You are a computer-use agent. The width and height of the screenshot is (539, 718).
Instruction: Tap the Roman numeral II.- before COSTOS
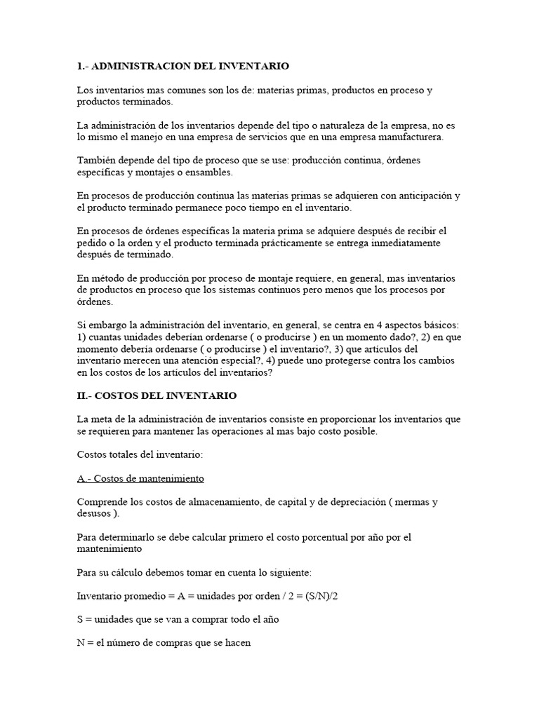(x=84, y=395)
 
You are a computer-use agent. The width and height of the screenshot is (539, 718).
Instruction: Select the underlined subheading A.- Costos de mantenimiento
(x=140, y=478)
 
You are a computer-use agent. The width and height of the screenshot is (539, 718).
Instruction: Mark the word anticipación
(x=411, y=196)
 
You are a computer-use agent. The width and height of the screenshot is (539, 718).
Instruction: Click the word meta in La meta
(x=104, y=419)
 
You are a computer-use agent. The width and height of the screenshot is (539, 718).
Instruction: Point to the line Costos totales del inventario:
(x=140, y=454)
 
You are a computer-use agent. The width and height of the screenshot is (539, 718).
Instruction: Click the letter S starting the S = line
(x=80, y=620)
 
